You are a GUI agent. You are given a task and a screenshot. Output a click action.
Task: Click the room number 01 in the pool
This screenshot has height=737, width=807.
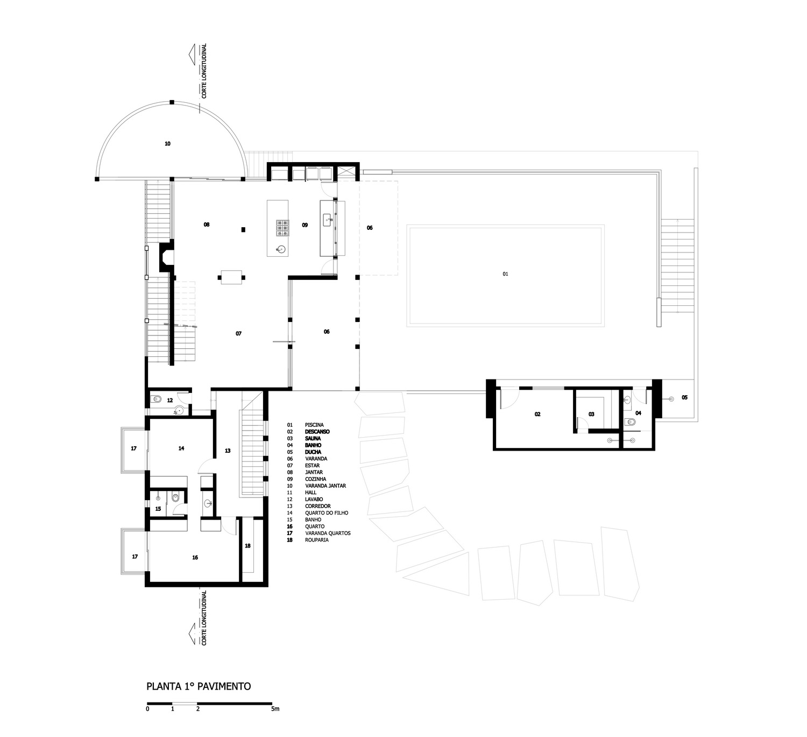click(x=505, y=274)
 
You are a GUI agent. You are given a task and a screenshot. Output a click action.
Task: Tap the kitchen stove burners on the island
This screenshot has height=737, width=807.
click(x=282, y=228)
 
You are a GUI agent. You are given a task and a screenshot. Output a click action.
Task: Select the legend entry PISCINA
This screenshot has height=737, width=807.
click(x=314, y=425)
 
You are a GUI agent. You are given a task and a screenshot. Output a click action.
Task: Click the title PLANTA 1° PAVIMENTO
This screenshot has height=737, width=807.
click(x=199, y=686)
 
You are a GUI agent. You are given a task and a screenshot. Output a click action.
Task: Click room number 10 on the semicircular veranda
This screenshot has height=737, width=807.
click(x=168, y=143)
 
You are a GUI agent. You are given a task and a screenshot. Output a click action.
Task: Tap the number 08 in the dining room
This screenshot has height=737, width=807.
click(x=207, y=224)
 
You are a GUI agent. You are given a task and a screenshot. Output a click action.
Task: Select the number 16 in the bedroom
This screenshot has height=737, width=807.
click(x=195, y=557)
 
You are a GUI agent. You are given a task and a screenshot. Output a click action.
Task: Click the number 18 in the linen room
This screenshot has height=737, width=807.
click(x=248, y=546)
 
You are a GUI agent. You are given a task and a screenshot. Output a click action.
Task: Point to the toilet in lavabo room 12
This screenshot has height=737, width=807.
click(x=156, y=399)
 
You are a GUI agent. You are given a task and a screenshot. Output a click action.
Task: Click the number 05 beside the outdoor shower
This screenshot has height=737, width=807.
click(x=685, y=397)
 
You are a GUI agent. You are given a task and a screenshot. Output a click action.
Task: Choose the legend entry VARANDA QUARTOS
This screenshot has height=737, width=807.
click(x=328, y=533)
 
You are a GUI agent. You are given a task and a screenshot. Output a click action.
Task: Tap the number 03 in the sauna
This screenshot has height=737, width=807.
click(x=591, y=414)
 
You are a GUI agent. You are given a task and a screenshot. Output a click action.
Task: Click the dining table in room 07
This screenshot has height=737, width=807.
click(x=231, y=277)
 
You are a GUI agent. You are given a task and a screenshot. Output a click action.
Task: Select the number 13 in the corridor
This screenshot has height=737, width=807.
click(x=228, y=451)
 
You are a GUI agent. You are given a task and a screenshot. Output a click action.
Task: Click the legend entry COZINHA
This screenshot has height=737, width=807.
click(x=315, y=479)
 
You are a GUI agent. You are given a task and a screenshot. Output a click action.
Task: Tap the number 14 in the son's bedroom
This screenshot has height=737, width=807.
click(x=181, y=448)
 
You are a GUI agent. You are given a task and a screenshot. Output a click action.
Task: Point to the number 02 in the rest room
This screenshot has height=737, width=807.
click(x=537, y=414)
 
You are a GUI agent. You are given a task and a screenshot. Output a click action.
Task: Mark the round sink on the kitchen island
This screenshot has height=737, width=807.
click(x=281, y=249)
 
